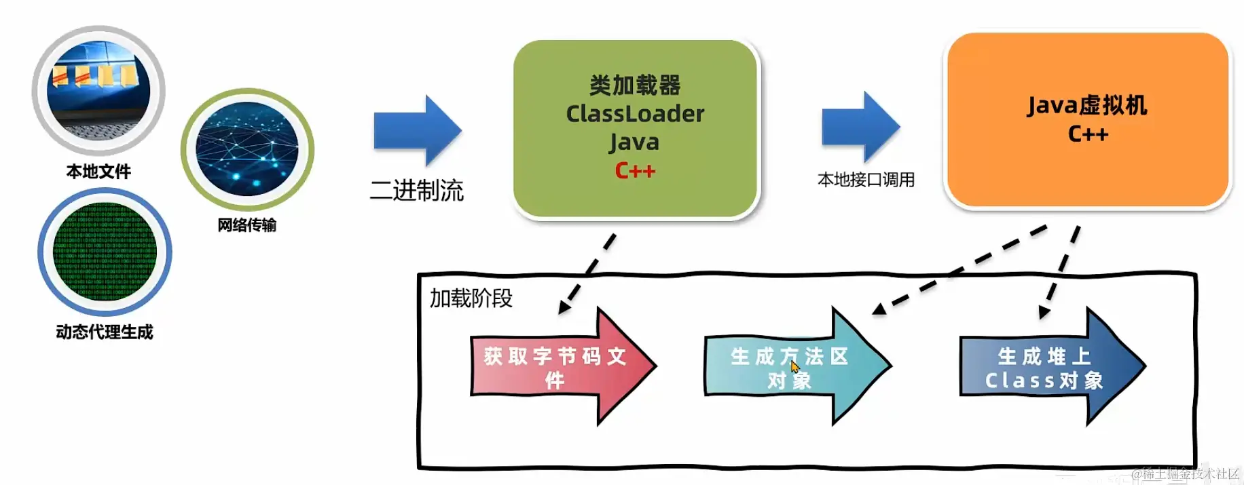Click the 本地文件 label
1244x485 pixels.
coord(98,172)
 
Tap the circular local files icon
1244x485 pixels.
coord(98,90)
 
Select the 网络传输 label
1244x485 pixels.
coord(246,225)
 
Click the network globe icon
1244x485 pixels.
coord(247,149)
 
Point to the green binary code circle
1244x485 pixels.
coord(105,252)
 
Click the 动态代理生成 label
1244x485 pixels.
coord(105,332)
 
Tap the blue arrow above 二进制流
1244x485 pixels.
coord(417,131)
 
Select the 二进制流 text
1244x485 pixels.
coord(416,191)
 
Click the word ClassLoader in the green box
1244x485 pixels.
coord(635,114)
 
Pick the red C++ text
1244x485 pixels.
coord(635,170)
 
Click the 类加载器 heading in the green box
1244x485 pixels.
coord(635,85)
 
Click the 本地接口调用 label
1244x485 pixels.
coord(866,180)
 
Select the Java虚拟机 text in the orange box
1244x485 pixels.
coord(1087,106)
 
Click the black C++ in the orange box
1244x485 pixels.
coord(1088,134)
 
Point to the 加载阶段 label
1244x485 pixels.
coord(471,298)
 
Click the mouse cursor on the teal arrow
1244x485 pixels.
coord(794,367)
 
